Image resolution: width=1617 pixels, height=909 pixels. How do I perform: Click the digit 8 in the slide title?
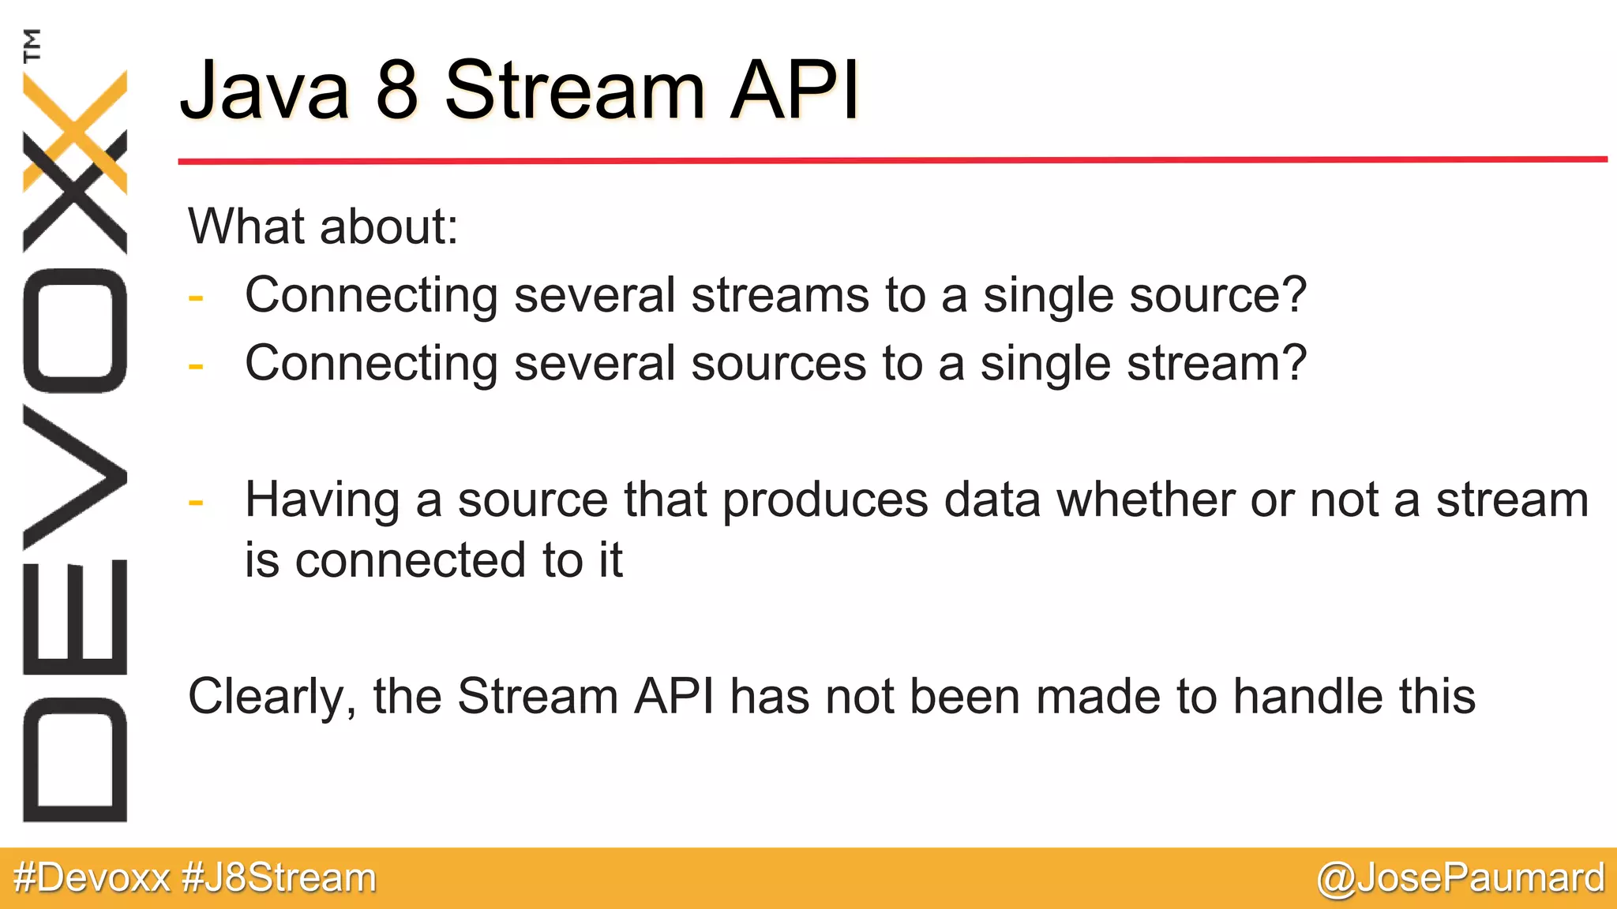click(x=396, y=91)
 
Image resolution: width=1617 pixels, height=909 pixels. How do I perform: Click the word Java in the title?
click(x=264, y=91)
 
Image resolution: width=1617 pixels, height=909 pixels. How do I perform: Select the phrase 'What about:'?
click(x=323, y=227)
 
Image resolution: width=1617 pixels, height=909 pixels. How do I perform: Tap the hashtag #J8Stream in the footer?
click(x=279, y=877)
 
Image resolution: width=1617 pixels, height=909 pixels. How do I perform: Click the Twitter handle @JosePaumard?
click(x=1460, y=877)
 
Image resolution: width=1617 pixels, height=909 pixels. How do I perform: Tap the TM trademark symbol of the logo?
click(x=32, y=45)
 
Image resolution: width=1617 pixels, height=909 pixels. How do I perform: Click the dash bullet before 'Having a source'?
click(x=196, y=502)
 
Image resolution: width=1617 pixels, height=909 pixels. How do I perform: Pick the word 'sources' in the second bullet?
click(x=778, y=364)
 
